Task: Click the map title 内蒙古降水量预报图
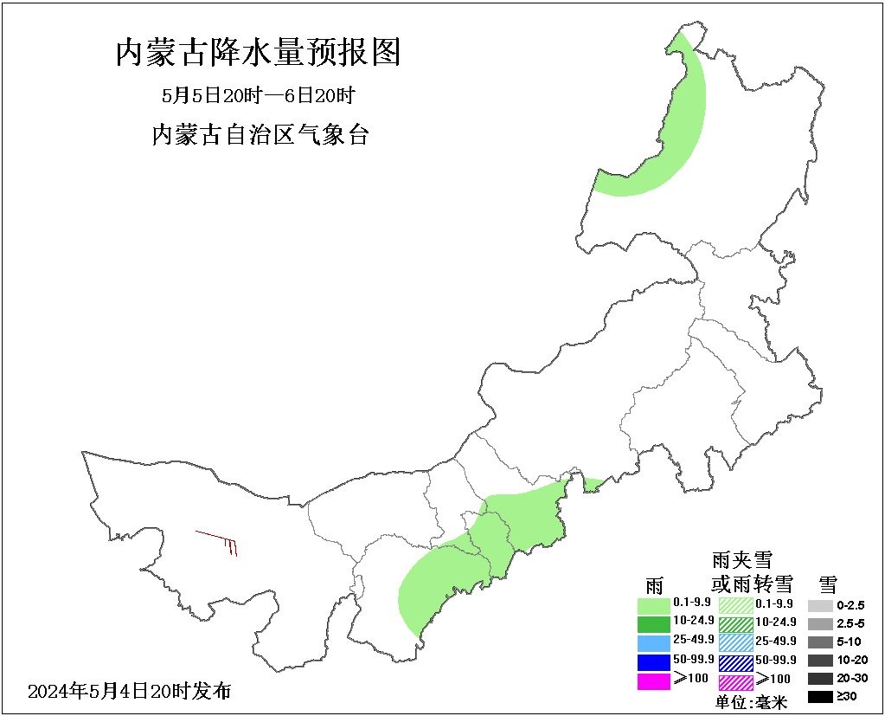(258, 54)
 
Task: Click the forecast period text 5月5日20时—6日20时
(259, 94)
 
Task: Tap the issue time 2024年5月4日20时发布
(130, 691)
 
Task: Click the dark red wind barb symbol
(220, 542)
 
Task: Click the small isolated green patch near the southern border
(593, 485)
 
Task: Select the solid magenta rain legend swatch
(653, 681)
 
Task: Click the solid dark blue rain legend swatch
(653, 661)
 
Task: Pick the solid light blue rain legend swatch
(653, 642)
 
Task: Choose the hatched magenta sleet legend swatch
(735, 681)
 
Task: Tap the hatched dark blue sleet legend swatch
(735, 661)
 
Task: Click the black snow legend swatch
(820, 696)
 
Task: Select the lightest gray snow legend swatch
(820, 605)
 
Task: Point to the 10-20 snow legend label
(851, 660)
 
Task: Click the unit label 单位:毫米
(752, 702)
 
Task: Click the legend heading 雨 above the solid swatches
(654, 583)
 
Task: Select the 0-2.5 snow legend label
(851, 605)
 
